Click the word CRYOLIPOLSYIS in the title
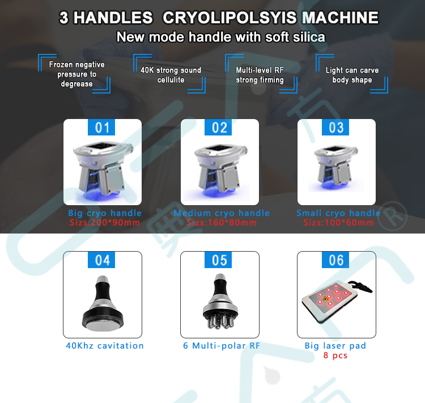click(x=229, y=18)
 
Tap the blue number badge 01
click(x=101, y=127)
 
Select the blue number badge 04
click(x=101, y=260)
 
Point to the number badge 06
click(x=335, y=260)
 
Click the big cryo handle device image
click(x=103, y=170)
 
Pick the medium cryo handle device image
click(x=220, y=171)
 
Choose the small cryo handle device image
click(x=336, y=168)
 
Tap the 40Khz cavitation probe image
click(x=103, y=304)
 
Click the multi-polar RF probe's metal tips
click(x=220, y=321)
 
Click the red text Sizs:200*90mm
click(x=105, y=223)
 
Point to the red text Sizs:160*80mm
click(x=222, y=223)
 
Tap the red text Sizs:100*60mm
click(x=338, y=223)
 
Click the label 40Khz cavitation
click(x=105, y=346)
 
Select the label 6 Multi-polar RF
click(x=222, y=346)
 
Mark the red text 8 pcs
click(x=335, y=355)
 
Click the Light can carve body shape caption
click(x=352, y=75)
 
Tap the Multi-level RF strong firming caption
click(x=260, y=75)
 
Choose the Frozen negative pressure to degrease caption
click(x=76, y=74)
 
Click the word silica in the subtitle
click(x=309, y=37)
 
